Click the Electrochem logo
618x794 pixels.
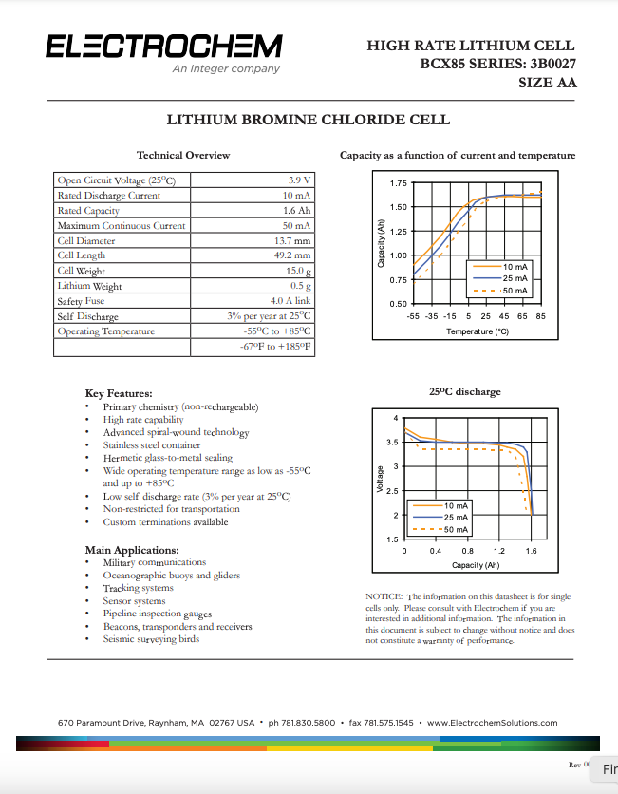(x=162, y=47)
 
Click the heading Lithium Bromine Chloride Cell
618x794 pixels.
(x=309, y=121)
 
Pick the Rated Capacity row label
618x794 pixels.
(x=88, y=211)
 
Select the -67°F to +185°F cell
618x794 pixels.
(x=276, y=347)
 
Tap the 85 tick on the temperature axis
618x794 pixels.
(x=540, y=315)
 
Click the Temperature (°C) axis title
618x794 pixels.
(x=478, y=331)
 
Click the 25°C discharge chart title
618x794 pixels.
(x=464, y=391)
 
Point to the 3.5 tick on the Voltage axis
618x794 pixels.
(x=392, y=443)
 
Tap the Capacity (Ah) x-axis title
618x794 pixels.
(x=475, y=565)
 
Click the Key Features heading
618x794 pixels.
(x=119, y=393)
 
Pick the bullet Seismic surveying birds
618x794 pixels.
(x=151, y=639)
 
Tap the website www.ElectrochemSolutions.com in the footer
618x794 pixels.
(x=492, y=723)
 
